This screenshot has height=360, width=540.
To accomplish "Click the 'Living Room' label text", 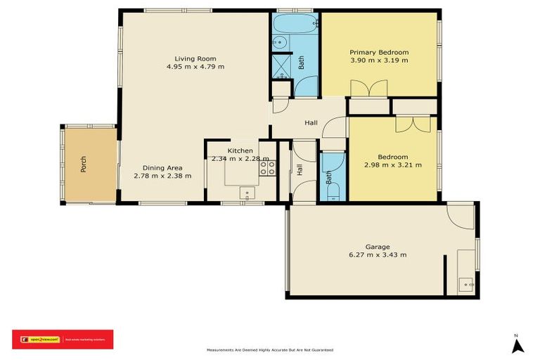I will [195, 58].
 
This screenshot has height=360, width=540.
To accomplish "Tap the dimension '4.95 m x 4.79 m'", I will [195, 67].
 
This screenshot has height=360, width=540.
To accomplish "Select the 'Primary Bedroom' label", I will [379, 52].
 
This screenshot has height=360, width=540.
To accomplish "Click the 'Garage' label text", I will [377, 246].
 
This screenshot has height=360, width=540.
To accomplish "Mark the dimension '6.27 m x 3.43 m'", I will [377, 255].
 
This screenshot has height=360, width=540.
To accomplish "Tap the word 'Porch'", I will [84, 164].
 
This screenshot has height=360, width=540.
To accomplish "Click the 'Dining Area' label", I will [162, 167].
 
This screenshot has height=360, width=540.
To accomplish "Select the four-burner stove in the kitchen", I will [269, 168].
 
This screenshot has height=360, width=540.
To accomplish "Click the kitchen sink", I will [247, 192].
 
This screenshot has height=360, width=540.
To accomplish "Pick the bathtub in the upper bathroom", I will [287, 25].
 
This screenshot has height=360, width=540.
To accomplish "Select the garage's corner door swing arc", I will [462, 216].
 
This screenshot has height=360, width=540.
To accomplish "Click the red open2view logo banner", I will [62, 340].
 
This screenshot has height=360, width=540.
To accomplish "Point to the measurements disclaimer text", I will [270, 349].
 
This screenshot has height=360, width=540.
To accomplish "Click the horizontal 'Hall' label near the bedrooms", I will [311, 123].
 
